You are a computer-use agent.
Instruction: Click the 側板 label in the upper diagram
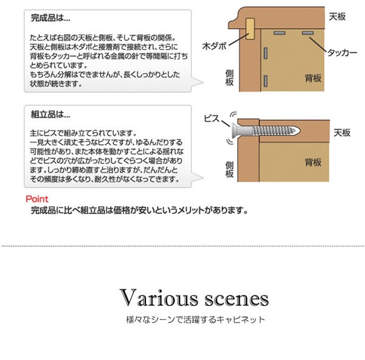click(229, 77)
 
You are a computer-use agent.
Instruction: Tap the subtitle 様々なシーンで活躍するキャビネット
click(194, 319)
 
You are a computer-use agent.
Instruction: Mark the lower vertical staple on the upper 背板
click(266, 80)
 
